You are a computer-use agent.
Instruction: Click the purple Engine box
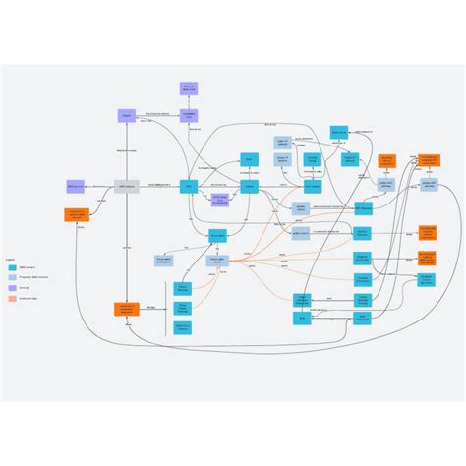pyautogui.click(x=127, y=115)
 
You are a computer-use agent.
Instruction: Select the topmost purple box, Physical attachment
pyautogui.click(x=189, y=88)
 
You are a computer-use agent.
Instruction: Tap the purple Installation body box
pyautogui.click(x=189, y=115)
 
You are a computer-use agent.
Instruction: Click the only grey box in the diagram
pyautogui.click(x=127, y=185)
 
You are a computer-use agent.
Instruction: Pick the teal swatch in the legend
pyautogui.click(x=12, y=267)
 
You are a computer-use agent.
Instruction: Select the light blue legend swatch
pyautogui.click(x=12, y=277)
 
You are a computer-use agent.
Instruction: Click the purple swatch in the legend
pyautogui.click(x=12, y=288)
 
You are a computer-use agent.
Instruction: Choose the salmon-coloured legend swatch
pyautogui.click(x=12, y=299)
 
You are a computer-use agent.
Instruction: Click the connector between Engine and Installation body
pyautogui.click(x=157, y=115)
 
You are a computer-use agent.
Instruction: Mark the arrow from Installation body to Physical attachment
pyautogui.click(x=189, y=102)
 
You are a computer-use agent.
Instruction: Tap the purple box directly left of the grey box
pyautogui.click(x=76, y=185)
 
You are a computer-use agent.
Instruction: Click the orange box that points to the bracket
pyautogui.click(x=127, y=309)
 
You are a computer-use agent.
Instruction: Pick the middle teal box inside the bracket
pyautogui.click(x=183, y=308)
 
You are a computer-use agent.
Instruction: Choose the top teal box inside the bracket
pyautogui.click(x=183, y=289)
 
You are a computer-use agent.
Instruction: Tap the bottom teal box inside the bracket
pyautogui.click(x=183, y=326)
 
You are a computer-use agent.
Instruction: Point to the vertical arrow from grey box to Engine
pyautogui.click(x=127, y=149)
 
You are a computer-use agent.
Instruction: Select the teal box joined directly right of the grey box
pyautogui.click(x=189, y=185)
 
